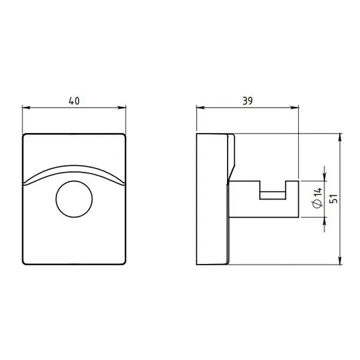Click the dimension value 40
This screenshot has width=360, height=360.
[74, 101]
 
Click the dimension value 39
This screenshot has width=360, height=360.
[247, 101]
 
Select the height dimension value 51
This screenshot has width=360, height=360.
[334, 199]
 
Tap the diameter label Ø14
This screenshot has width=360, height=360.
[318, 198]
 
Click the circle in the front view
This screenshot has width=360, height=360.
[74, 199]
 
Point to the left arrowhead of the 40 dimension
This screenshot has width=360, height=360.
[26, 107]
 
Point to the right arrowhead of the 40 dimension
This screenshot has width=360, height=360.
[122, 107]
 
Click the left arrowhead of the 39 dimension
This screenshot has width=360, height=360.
[200, 107]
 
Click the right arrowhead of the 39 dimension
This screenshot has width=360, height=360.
[294, 107]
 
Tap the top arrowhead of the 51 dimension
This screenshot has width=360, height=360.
[340, 138]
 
